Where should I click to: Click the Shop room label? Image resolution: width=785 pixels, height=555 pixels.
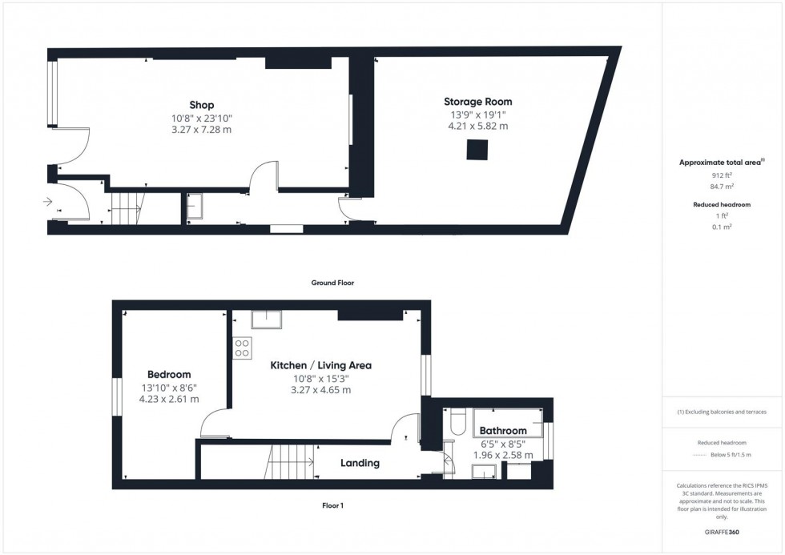click(x=201, y=105)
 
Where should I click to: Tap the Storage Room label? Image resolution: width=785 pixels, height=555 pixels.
click(x=478, y=102)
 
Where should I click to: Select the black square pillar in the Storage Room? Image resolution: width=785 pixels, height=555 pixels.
click(x=478, y=150)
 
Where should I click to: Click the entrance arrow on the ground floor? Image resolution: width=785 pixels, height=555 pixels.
click(x=48, y=202)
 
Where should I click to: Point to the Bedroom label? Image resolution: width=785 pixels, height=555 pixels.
click(x=169, y=374)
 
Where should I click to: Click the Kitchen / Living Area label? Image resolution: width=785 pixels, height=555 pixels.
click(x=320, y=365)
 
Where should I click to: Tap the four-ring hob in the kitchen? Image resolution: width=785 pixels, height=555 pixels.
click(x=242, y=348)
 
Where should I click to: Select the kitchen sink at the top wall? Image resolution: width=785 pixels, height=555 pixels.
click(x=265, y=320)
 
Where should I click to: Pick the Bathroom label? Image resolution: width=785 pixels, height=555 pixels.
click(x=504, y=431)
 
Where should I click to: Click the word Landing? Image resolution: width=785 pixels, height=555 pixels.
click(x=360, y=463)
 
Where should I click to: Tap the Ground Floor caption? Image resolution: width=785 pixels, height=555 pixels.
click(x=332, y=283)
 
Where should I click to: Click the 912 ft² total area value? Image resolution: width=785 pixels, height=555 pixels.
click(x=723, y=175)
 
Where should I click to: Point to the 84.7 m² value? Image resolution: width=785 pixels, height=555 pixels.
click(x=723, y=187)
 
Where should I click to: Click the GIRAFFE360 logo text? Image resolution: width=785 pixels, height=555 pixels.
click(x=722, y=532)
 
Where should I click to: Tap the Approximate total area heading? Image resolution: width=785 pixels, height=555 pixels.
click(x=720, y=163)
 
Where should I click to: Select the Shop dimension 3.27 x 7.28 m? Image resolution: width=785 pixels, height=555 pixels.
click(x=201, y=129)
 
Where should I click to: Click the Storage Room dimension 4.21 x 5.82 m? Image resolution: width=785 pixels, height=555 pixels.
click(x=478, y=126)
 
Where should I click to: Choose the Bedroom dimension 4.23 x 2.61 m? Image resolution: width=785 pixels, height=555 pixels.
click(x=169, y=399)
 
